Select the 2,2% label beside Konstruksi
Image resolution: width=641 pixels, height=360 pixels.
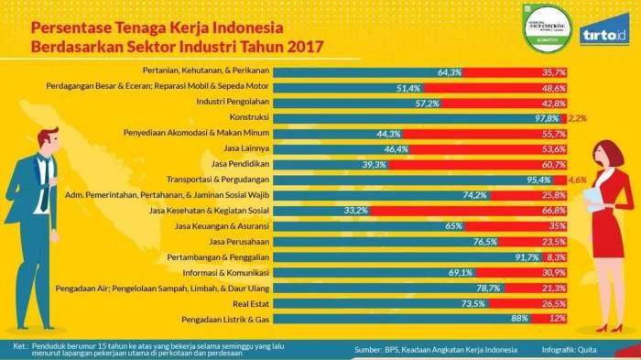click(577, 117)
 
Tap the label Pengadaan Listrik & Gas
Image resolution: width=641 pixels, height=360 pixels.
click(249, 319)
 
